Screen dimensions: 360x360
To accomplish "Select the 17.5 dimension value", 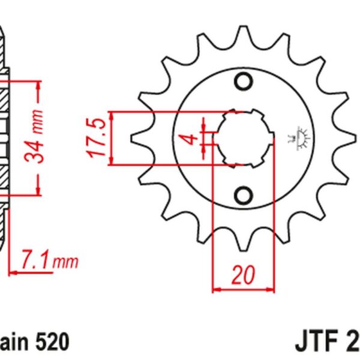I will pyautogui.click(x=97, y=138).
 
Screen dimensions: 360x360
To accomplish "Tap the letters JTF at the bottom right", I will pyautogui.click(x=316, y=344).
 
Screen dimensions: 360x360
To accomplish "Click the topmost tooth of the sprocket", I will pyautogui.click(x=243, y=33).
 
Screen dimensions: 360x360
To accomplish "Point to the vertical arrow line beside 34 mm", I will pyautogui.click(x=40, y=138).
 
